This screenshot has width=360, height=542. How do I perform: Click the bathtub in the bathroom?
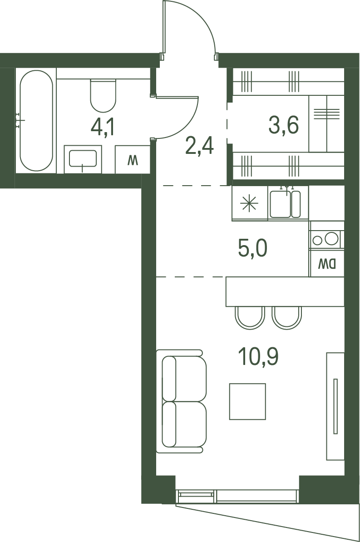point(36,121)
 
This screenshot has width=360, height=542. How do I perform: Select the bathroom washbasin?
point(83,159)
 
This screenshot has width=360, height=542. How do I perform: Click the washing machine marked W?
point(133,159)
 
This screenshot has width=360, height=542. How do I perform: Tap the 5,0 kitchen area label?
point(253,248)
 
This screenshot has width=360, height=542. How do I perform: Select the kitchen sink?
point(285,203)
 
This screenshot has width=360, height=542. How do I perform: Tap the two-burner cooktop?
point(325,239)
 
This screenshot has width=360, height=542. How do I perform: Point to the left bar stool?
point(250,318)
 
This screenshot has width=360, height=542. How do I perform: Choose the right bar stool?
point(287,318)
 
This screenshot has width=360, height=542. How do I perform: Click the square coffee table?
point(247,401)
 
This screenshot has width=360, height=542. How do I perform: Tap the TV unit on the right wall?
point(335,406)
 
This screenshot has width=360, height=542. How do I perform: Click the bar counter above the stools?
point(285,291)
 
